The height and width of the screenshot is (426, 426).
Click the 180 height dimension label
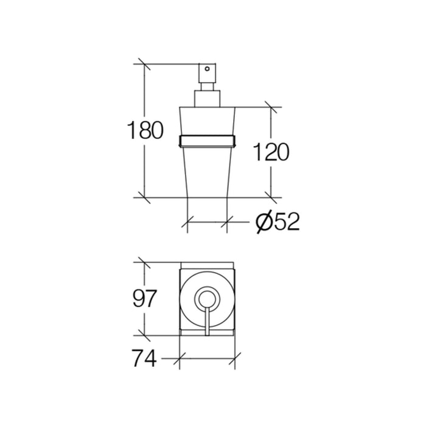(x=145, y=130)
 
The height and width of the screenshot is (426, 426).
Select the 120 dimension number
(x=271, y=152)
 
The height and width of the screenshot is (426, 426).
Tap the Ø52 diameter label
(x=278, y=222)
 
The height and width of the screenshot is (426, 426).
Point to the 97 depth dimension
(x=145, y=299)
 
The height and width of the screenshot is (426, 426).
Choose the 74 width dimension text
(x=144, y=358)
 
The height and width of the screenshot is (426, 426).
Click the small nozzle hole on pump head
(x=208, y=69)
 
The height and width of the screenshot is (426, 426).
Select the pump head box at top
(x=208, y=73)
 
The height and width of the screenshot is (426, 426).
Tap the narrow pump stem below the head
(x=208, y=86)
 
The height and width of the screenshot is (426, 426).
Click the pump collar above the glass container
(x=208, y=99)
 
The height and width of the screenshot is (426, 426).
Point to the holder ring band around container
(x=208, y=141)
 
